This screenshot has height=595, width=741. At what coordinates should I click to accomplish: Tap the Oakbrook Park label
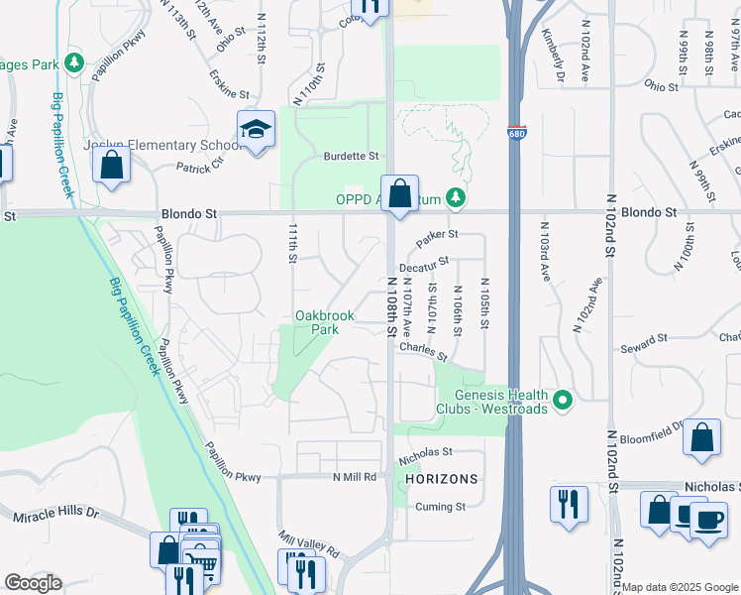[x=325, y=322]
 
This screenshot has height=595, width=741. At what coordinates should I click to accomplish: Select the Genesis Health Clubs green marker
[x=563, y=401]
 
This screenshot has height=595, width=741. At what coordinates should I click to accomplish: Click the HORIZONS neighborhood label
[x=442, y=479]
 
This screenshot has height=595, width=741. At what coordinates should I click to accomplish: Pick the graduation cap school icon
[x=256, y=130]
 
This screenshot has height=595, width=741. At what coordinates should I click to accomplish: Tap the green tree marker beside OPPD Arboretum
[x=455, y=199]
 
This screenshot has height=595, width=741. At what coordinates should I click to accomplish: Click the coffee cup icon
[x=707, y=520]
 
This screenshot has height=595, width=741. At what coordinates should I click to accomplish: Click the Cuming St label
[x=441, y=507]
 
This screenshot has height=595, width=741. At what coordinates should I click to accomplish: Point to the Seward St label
[x=644, y=344]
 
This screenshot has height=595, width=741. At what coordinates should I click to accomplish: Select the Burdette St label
[x=352, y=156]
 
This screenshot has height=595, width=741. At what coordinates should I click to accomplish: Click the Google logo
[x=33, y=583]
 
